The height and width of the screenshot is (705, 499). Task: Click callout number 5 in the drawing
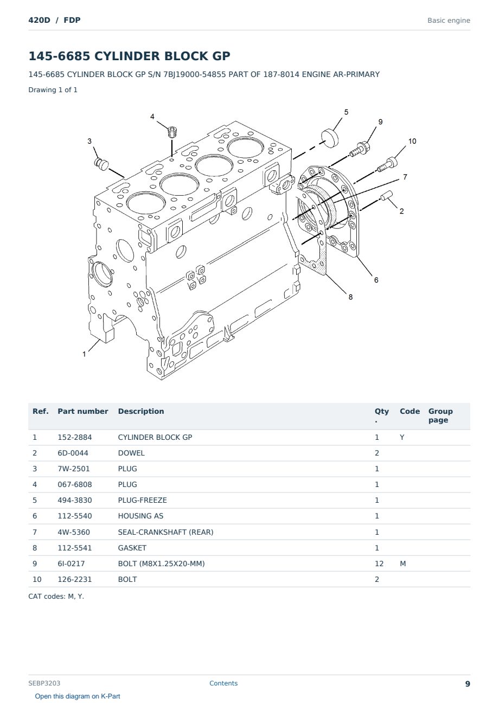point(346,112)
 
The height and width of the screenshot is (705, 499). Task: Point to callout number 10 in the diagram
point(412,141)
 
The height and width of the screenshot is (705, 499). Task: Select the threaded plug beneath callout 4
point(172,132)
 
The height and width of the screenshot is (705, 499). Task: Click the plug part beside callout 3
point(101,164)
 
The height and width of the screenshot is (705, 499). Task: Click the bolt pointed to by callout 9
point(360,150)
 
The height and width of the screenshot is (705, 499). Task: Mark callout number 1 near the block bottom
point(84,354)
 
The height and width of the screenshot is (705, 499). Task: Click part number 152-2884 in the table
point(75,437)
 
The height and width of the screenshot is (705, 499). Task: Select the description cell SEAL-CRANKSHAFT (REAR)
point(165,532)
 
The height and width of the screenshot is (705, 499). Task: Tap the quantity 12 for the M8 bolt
point(379,563)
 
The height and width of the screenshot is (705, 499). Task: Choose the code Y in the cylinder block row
point(402,437)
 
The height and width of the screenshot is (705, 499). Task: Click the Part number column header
point(83,411)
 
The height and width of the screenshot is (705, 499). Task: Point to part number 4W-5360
point(74,532)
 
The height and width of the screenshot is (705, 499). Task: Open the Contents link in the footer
point(223,683)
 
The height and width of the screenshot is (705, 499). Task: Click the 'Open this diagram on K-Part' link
point(78,696)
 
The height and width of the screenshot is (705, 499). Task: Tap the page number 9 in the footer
point(468,684)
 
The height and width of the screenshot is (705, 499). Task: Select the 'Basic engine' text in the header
point(449,21)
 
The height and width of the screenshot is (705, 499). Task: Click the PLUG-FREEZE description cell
point(142,500)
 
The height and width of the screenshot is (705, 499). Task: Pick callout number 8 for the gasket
point(350,297)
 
